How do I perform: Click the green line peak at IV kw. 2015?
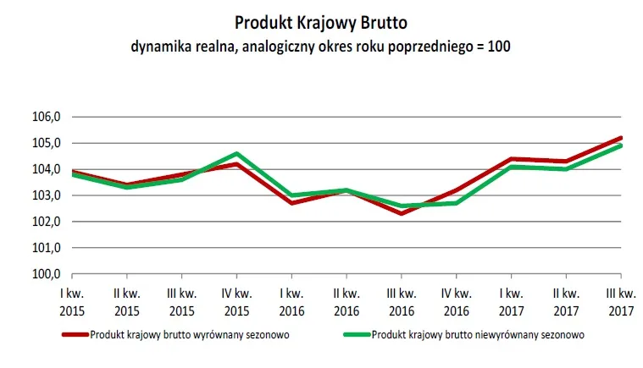pos(236,154)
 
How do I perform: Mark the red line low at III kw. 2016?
pos(402,213)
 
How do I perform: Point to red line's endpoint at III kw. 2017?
pos(621,138)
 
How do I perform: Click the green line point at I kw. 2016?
pos(291,195)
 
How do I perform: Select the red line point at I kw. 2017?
pos(511,159)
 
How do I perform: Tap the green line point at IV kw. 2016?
pos(457,203)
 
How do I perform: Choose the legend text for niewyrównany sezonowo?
pos(478,334)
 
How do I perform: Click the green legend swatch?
pos(356,334)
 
